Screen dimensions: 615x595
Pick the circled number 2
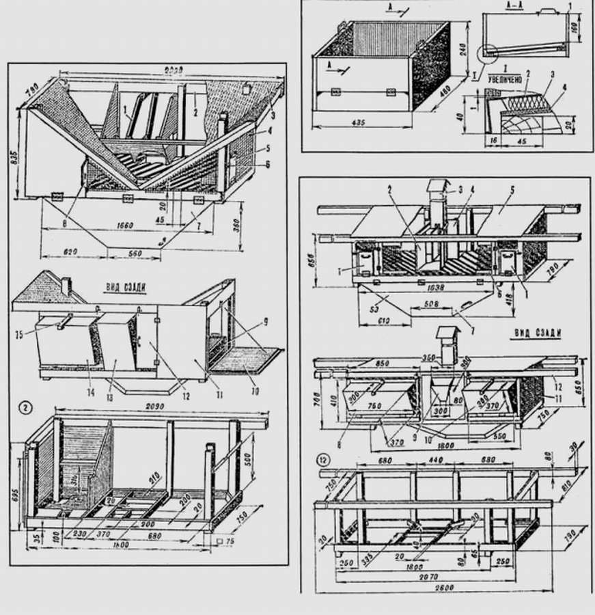point(25,408)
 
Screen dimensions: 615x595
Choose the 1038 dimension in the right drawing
point(424,288)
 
